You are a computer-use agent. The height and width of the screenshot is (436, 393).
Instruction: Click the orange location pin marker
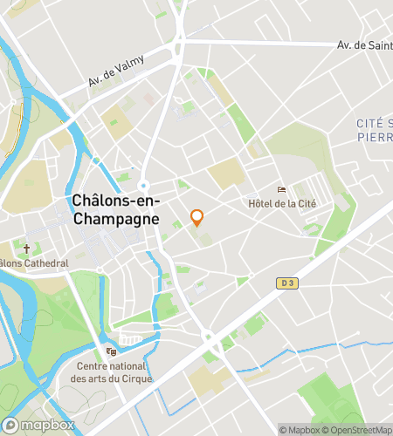(197, 217)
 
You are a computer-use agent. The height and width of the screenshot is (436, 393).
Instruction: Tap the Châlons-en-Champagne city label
(115, 210)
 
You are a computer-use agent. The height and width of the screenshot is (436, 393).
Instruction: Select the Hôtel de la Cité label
(281, 203)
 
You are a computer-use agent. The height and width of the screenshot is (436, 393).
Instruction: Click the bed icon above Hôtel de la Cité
(281, 189)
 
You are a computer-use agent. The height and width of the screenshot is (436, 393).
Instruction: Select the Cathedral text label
(39, 263)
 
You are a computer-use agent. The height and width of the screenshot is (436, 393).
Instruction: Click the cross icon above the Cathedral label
(26, 249)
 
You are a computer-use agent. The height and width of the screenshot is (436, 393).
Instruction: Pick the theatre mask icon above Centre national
(111, 351)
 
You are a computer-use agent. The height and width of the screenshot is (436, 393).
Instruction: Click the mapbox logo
(37, 425)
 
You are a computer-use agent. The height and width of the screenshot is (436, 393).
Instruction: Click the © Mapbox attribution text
(298, 429)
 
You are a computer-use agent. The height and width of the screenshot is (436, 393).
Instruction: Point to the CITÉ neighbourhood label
(374, 124)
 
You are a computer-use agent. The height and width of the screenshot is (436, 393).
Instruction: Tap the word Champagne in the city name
(115, 219)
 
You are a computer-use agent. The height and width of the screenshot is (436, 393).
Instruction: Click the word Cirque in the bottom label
(137, 378)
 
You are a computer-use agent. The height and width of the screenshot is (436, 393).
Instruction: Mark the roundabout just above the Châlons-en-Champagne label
(144, 185)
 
